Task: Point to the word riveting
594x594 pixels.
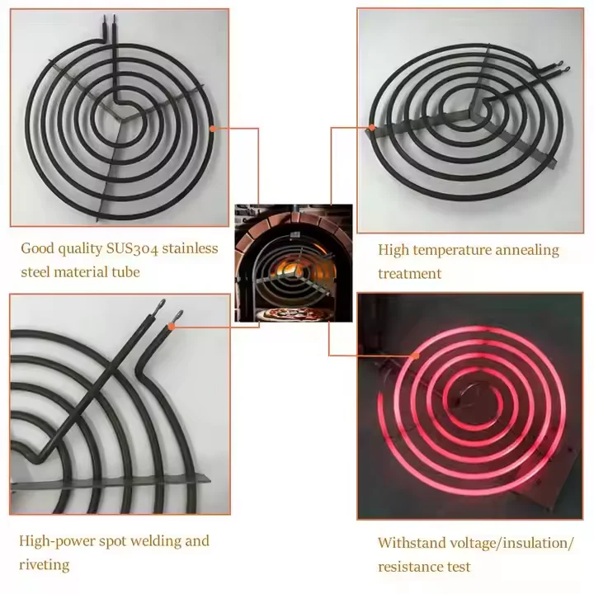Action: click(44, 565)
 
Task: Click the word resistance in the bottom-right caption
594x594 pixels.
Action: click(412, 567)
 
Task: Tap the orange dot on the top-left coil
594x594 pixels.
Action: click(214, 128)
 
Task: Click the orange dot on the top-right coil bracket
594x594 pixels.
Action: click(372, 127)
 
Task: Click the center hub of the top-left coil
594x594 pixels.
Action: click(120, 116)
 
